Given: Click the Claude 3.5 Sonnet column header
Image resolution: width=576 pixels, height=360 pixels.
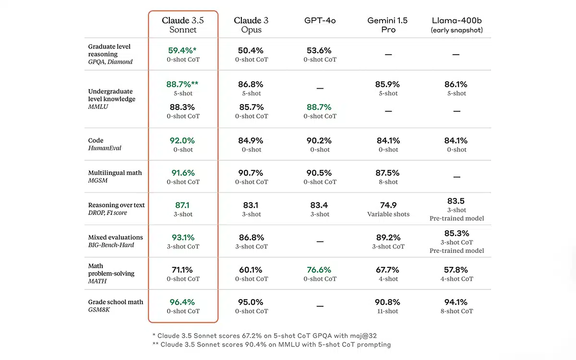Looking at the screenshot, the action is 183,25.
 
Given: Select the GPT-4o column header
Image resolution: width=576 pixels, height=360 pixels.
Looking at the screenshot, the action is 320,21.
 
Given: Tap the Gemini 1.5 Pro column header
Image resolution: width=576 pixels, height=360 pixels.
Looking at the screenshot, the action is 387,25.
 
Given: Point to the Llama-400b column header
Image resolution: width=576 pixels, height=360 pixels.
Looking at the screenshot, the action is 456,25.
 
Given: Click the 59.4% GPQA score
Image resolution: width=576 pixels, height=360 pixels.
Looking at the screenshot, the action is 182,50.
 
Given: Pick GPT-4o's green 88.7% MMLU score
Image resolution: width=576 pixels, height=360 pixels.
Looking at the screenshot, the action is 319,107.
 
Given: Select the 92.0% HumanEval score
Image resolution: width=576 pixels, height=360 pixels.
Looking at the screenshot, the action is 182,141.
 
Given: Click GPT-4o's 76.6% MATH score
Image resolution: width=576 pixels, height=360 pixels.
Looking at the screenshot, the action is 319,270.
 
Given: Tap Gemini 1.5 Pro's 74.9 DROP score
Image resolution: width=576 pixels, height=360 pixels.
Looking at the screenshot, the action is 388,205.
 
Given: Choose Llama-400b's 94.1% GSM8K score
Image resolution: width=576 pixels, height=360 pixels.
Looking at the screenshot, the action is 456,302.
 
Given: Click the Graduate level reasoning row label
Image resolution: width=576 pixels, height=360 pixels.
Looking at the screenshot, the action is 110,54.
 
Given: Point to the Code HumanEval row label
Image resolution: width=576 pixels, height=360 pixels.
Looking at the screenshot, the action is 105,144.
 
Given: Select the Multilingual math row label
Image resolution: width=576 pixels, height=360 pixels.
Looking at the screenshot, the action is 115,177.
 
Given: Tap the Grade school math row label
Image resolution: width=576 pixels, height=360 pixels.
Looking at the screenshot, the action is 116,305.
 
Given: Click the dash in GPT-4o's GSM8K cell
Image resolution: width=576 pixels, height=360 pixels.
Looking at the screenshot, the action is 320,306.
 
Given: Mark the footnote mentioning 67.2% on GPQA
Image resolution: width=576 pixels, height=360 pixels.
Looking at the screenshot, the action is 264,336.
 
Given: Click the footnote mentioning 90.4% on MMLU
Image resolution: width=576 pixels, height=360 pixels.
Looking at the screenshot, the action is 272,345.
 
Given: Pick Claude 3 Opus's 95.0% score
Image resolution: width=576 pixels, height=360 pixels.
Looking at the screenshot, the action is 251,302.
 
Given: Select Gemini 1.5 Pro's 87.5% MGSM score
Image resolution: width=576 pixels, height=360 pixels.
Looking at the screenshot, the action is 387,173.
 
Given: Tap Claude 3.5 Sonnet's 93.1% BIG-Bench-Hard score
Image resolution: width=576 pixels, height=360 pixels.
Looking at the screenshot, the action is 183,238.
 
